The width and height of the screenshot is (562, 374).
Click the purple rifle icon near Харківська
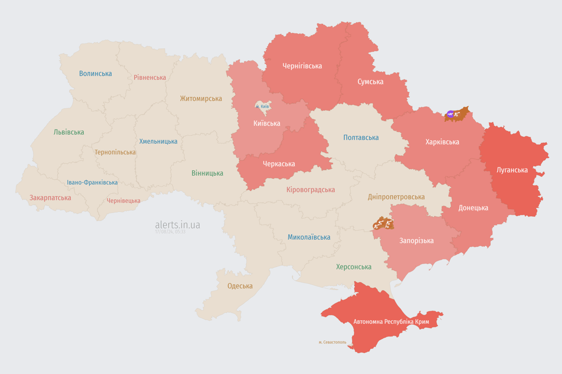[450, 114]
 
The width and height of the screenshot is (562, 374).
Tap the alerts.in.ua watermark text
[178, 225]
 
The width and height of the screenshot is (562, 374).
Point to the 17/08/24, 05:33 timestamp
[170, 232]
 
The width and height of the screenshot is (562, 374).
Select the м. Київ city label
[262, 106]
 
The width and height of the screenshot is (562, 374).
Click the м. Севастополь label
[332, 342]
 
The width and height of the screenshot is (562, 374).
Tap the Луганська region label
[512, 170]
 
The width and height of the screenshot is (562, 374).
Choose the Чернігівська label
[302, 66]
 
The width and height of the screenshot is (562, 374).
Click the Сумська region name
[370, 82]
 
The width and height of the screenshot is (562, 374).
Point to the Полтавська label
[361, 137]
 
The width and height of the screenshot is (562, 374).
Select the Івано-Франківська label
[92, 183]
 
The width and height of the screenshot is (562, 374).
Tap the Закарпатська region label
[50, 198]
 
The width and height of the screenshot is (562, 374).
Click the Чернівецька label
[123, 201]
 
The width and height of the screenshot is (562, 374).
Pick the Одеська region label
[240, 286]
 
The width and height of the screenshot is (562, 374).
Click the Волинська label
[96, 74]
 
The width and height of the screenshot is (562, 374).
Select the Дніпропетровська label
[396, 197]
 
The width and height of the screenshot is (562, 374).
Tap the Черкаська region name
[279, 164]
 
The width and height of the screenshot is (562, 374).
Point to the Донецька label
[473, 208]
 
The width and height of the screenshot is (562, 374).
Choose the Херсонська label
[354, 267]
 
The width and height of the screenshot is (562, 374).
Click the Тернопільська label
[115, 152]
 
